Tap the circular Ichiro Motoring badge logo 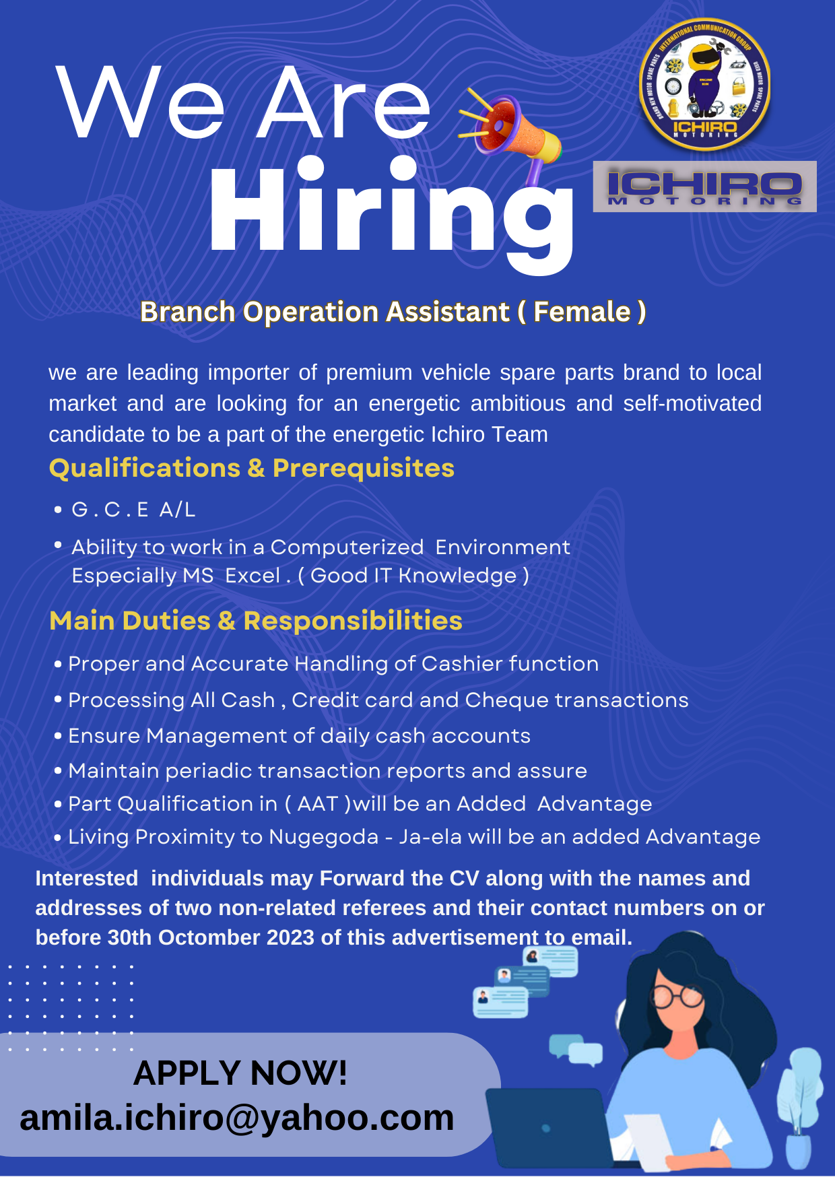click(705, 84)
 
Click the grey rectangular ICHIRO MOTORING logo click(704, 187)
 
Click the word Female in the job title click(582, 312)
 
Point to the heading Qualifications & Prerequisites click(252, 468)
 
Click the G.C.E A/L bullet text click(133, 510)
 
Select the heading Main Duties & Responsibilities click(256, 621)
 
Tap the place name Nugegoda click(324, 838)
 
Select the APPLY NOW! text click(240, 1073)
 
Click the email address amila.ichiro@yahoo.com click(237, 1118)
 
